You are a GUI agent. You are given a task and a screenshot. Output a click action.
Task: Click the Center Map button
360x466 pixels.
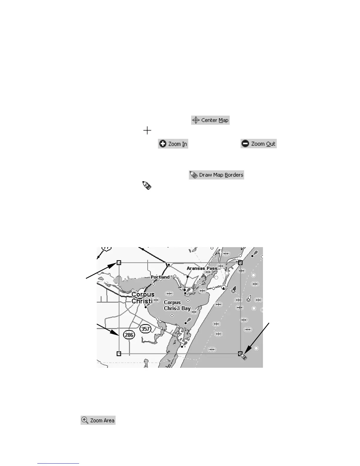(x=210, y=120)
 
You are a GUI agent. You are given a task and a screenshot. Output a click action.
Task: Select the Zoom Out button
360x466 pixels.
(x=259, y=144)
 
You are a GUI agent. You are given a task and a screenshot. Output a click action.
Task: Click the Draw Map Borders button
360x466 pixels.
(x=216, y=175)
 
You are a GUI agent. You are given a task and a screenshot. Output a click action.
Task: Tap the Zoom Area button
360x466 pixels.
(x=98, y=420)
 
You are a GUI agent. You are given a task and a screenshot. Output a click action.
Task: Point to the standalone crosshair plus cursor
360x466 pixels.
(x=147, y=130)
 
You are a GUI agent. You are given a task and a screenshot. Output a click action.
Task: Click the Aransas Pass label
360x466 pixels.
(x=202, y=268)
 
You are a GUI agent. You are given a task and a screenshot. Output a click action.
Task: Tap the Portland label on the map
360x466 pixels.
(x=160, y=277)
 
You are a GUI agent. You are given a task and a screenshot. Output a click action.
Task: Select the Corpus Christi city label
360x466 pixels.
(x=143, y=298)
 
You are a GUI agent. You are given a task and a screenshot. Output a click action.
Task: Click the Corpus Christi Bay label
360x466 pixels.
(x=177, y=305)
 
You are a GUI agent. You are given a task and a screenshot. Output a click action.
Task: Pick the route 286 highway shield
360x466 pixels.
(x=129, y=335)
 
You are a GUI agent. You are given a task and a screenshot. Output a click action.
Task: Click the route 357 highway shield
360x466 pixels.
(x=146, y=329)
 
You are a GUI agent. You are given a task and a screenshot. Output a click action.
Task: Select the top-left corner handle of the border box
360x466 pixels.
(x=119, y=262)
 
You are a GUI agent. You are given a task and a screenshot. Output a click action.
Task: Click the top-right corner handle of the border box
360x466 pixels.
(x=240, y=262)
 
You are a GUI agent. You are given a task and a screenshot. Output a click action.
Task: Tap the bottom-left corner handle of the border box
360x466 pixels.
(x=119, y=353)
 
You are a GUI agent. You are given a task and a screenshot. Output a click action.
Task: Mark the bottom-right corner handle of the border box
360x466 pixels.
(x=240, y=353)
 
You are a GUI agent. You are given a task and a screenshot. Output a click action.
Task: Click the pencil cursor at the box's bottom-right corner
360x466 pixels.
(x=244, y=357)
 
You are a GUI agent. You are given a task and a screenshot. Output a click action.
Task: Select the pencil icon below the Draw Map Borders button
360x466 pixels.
(x=147, y=185)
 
